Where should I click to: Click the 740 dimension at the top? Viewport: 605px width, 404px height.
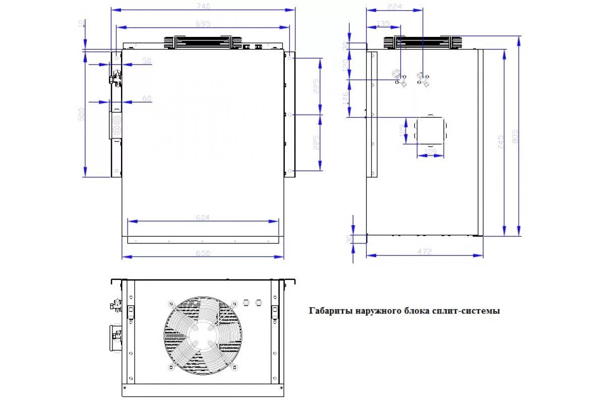pos(203,6)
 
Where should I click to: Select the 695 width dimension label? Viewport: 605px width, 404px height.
pos(203,24)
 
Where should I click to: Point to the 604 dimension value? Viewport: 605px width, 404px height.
pos(203,218)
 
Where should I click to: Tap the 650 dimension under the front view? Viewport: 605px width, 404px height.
pos(203,254)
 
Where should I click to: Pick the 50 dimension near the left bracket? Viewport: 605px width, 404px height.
pos(147,61)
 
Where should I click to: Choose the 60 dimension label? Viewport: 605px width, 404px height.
pos(147,98)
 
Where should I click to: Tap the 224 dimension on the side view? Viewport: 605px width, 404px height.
pos(394,6)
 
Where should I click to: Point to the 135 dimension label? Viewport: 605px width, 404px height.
pos(383,23)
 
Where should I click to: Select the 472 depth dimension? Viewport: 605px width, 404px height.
pos(425,251)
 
